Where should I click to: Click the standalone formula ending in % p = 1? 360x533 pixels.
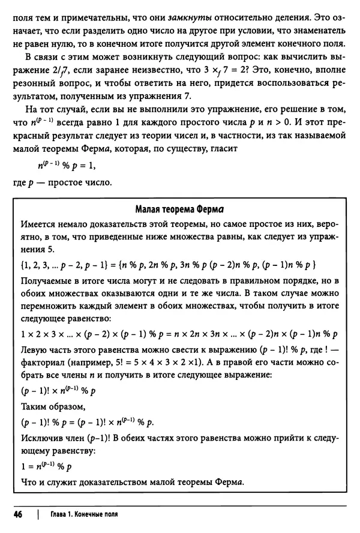point(64,164)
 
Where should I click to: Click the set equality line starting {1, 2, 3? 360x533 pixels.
point(172,265)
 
